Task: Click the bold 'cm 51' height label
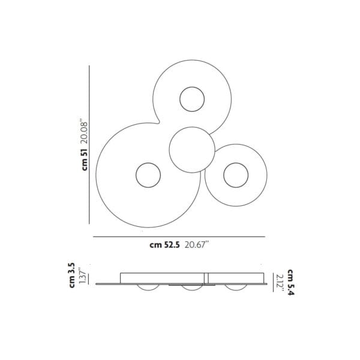tap(85, 160)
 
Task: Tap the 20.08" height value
tap(85, 131)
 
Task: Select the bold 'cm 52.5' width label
tap(164, 245)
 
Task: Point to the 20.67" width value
tap(197, 245)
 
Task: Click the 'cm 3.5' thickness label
tap(72, 275)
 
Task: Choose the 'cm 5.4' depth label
tap(290, 282)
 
